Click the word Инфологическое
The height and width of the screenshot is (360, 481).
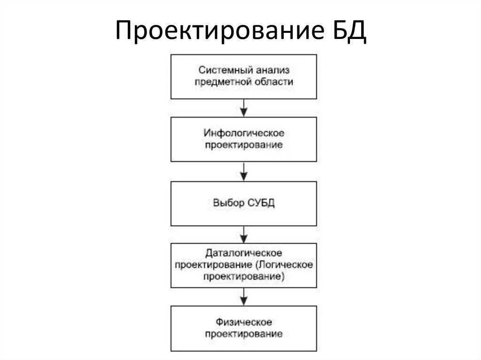(243, 133)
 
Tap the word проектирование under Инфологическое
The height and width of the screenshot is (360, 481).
(243, 145)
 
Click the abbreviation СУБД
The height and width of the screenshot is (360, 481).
(261, 204)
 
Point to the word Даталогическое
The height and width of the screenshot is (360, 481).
(243, 253)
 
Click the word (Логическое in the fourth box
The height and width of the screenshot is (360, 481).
(284, 265)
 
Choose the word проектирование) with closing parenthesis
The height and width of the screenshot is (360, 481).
(243, 277)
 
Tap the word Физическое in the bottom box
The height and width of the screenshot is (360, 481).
(243, 322)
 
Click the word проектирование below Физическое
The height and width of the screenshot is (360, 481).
(243, 334)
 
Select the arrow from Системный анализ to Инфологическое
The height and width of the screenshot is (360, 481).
(243, 108)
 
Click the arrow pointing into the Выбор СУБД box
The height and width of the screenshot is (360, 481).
(243, 172)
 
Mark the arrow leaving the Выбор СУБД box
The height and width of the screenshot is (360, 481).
(243, 234)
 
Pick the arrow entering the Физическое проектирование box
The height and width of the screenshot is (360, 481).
(243, 297)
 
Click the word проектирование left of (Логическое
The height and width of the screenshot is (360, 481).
(214, 265)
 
